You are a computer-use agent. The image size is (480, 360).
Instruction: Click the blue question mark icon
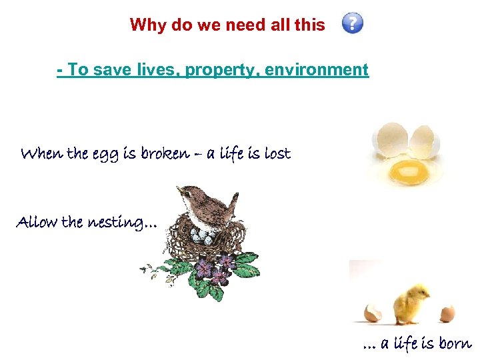(353, 24)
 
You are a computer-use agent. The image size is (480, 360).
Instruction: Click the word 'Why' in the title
(145, 25)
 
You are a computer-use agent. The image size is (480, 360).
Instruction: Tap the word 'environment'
(317, 69)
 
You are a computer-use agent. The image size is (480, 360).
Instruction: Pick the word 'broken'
(164, 154)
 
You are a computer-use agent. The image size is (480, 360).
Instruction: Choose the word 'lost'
(277, 154)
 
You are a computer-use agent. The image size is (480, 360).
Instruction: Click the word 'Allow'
(37, 222)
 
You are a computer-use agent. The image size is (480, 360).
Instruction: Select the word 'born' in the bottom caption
(455, 344)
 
